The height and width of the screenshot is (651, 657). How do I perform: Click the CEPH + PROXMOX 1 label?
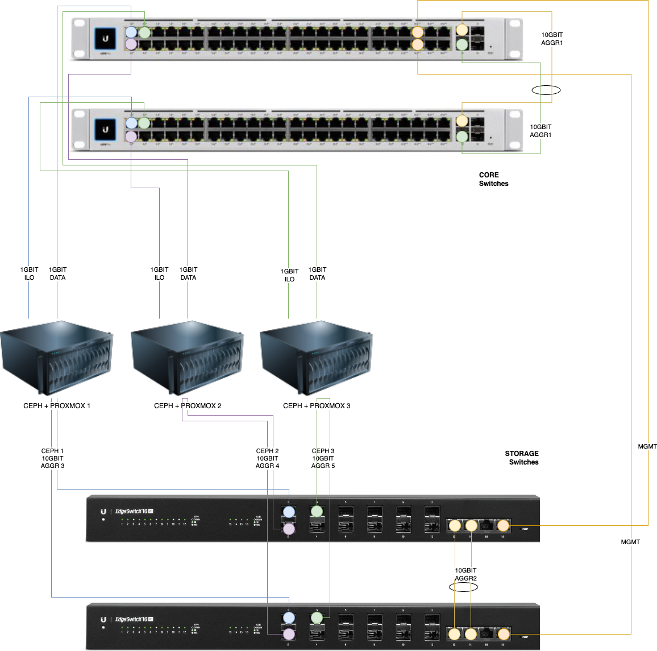pyautogui.click(x=57, y=406)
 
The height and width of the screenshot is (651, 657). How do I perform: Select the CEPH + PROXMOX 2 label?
pyautogui.click(x=188, y=406)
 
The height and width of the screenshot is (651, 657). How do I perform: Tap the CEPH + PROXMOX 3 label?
pyautogui.click(x=317, y=406)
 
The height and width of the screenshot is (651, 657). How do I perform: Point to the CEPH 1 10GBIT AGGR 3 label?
pyautogui.click(x=52, y=458)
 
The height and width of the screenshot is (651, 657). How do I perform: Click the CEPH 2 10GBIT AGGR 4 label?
pyautogui.click(x=267, y=458)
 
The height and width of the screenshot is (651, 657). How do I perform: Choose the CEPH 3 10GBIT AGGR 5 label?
pyautogui.click(x=323, y=458)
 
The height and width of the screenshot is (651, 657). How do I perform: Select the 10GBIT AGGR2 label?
pyautogui.click(x=465, y=574)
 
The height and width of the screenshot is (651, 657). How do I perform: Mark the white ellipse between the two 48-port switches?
pyautogui.click(x=546, y=90)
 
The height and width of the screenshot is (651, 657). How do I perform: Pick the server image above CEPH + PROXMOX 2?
pyautogui.click(x=187, y=358)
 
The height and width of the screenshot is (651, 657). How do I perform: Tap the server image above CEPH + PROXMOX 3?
pyautogui.click(x=317, y=358)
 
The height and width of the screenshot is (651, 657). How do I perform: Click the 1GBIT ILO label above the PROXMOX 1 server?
pyautogui.click(x=29, y=273)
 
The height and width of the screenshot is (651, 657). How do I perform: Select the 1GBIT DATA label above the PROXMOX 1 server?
pyautogui.click(x=57, y=273)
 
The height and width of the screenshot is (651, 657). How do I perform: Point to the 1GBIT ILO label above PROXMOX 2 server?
pyautogui.click(x=159, y=273)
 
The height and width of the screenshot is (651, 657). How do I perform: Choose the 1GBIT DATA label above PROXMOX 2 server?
pyautogui.click(x=188, y=273)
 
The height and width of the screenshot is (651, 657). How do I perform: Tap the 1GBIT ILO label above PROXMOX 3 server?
pyautogui.click(x=289, y=275)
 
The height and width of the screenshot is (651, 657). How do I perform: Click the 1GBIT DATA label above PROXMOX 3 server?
pyautogui.click(x=317, y=273)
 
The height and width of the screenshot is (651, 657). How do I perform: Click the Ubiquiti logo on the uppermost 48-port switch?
pyautogui.click(x=105, y=39)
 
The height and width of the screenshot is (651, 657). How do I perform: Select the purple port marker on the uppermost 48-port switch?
pyautogui.click(x=131, y=44)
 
